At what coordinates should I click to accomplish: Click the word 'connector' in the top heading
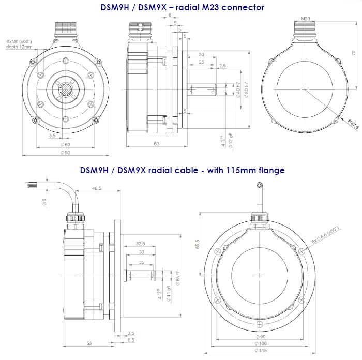[x=244, y=7]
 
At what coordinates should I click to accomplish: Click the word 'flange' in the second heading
[x=269, y=170]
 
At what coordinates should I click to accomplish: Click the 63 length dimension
[x=156, y=144]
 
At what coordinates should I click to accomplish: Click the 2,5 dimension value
[x=222, y=65]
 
